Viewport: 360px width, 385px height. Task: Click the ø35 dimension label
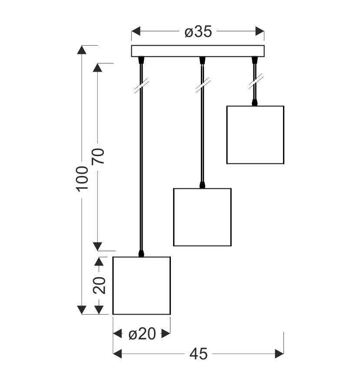[x=198, y=32]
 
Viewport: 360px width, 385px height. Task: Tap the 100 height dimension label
[x=82, y=178]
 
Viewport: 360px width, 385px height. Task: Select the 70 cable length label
[x=98, y=156]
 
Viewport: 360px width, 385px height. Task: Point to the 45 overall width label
[x=198, y=355]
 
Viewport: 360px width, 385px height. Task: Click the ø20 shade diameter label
[x=142, y=334]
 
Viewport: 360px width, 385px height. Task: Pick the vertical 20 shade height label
[x=99, y=285]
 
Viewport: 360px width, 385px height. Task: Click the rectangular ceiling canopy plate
[x=198, y=51]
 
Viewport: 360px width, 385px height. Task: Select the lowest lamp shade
[x=142, y=285]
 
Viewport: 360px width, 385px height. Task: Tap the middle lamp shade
[x=202, y=217]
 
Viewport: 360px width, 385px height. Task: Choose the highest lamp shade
[x=255, y=135]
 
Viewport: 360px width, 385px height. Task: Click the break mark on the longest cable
[x=141, y=86]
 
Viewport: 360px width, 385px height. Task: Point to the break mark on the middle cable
[x=202, y=85]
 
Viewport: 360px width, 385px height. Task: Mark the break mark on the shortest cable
[x=255, y=81]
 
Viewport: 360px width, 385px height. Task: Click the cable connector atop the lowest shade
[x=141, y=253]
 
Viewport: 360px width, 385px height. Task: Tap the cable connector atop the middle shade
[x=202, y=185]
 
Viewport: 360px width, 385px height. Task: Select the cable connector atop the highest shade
[x=255, y=103]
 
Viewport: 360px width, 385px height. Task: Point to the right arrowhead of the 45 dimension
[x=279, y=355]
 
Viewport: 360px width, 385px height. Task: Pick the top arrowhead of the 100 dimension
[x=82, y=50]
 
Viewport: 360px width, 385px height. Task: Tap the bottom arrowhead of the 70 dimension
[x=98, y=246]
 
